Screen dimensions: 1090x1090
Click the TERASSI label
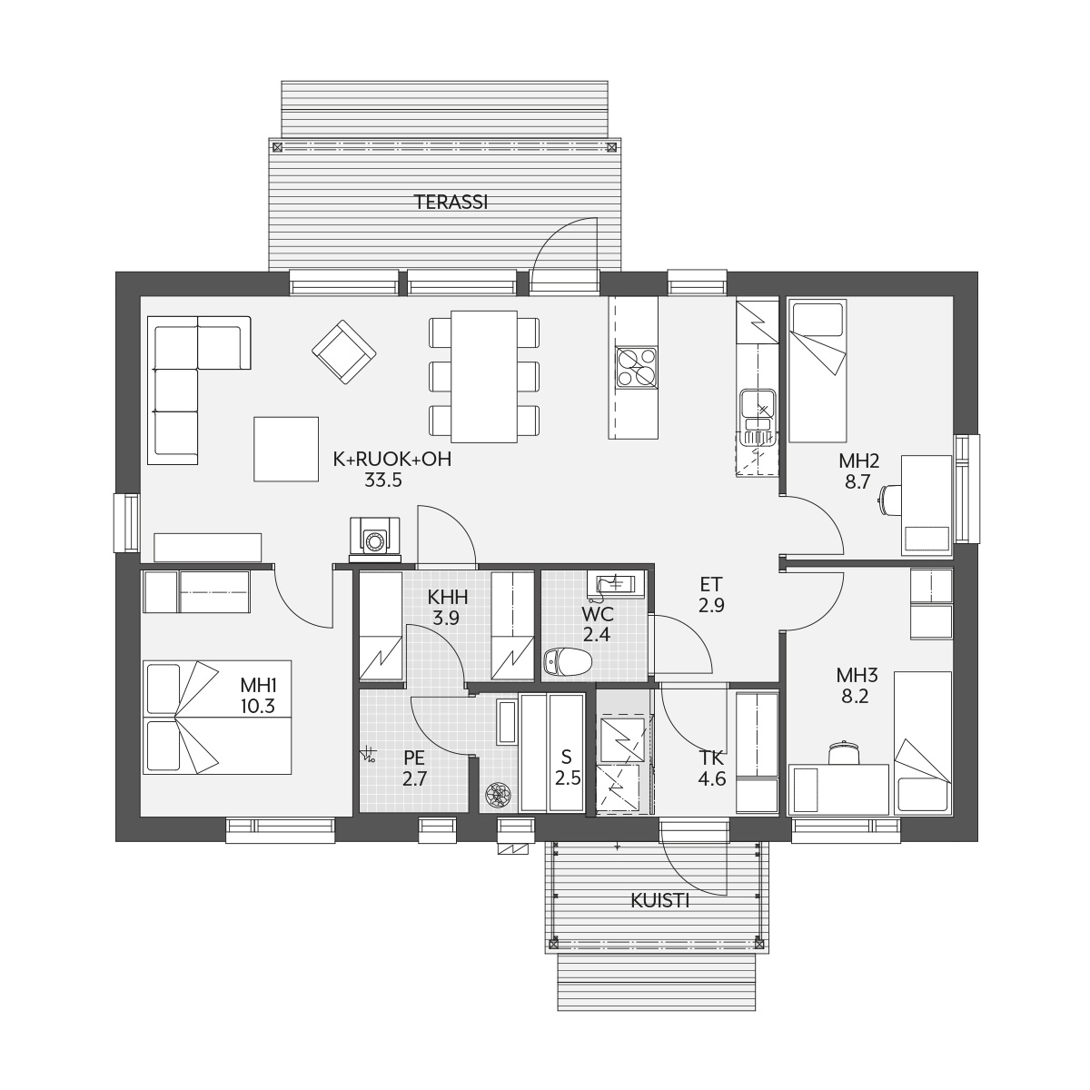click(451, 202)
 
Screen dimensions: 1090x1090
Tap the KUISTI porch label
click(660, 901)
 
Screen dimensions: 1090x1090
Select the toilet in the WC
click(567, 660)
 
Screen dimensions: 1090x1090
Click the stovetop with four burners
click(637, 367)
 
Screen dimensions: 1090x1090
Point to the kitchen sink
click(758, 409)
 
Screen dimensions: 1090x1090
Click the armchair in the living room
click(344, 352)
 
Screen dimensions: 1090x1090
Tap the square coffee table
click(286, 449)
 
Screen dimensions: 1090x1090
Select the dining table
click(483, 376)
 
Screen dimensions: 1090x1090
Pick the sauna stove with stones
click(499, 794)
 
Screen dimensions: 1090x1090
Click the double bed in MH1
click(217, 718)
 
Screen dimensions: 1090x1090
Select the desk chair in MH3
click(844, 752)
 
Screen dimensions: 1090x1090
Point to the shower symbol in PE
click(369, 755)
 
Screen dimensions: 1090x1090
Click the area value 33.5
click(383, 481)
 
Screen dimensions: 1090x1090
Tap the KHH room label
click(447, 597)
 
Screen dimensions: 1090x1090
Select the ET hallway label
click(711, 584)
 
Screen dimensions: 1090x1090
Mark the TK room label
click(711, 758)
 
